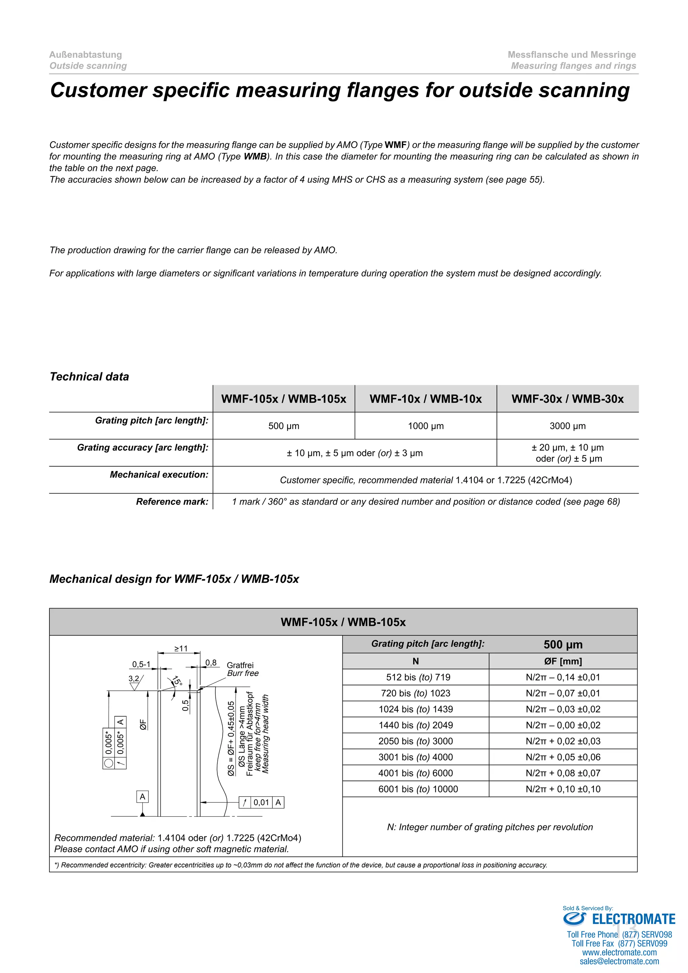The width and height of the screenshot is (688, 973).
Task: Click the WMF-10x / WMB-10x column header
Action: pyautogui.click(x=425, y=399)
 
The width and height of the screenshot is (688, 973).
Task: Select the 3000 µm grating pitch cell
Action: pyautogui.click(x=567, y=426)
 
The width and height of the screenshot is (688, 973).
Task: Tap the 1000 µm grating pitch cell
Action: pyautogui.click(x=425, y=426)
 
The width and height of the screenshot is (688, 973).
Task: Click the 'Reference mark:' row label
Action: pyautogui.click(x=172, y=502)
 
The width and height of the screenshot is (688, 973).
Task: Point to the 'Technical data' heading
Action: pyautogui.click(x=89, y=376)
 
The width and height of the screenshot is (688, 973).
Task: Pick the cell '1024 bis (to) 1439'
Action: pyautogui.click(x=416, y=709)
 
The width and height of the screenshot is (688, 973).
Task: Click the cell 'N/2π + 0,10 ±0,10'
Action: pyautogui.click(x=563, y=789)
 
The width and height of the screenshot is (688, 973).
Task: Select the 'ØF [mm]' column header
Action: pyautogui.click(x=563, y=661)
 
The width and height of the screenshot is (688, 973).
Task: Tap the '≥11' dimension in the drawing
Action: pyautogui.click(x=180, y=648)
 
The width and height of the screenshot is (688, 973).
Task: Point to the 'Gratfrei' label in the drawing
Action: pyautogui.click(x=240, y=665)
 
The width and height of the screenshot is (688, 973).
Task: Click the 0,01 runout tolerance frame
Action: pyautogui.click(x=261, y=802)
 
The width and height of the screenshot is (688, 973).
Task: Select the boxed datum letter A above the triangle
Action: pyautogui.click(x=142, y=797)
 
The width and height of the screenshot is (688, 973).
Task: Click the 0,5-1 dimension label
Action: pyautogui.click(x=141, y=664)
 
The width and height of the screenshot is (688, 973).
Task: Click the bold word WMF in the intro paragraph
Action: pyautogui.click(x=396, y=145)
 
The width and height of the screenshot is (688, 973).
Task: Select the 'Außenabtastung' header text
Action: pyautogui.click(x=86, y=55)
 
